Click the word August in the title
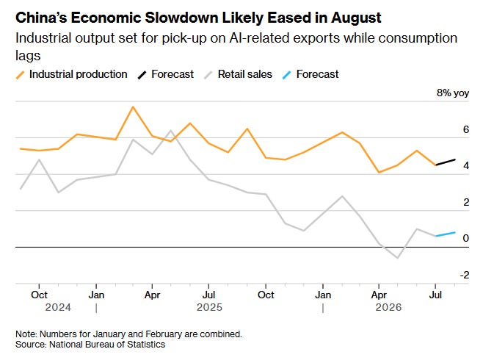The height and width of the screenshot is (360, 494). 356,18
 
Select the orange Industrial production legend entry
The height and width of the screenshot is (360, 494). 71,74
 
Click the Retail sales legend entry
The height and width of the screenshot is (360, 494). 239,74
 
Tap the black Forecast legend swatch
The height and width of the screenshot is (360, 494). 142,75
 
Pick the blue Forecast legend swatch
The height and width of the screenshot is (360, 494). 287,75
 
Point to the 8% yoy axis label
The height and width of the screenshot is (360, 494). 453,93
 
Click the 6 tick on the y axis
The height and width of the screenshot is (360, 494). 466,129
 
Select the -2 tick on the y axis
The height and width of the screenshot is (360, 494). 465,276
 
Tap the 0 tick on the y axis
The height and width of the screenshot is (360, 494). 466,238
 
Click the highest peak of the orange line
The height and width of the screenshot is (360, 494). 134,107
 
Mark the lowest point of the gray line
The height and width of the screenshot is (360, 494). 398,258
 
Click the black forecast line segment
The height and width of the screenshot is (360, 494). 446,162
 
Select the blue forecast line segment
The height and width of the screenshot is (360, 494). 446,234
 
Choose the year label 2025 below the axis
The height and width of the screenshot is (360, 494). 209,307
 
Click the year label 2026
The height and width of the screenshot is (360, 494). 388,307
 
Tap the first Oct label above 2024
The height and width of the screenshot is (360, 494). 39,295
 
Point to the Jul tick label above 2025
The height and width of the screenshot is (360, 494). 208,295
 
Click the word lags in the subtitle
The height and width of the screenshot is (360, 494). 28,56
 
